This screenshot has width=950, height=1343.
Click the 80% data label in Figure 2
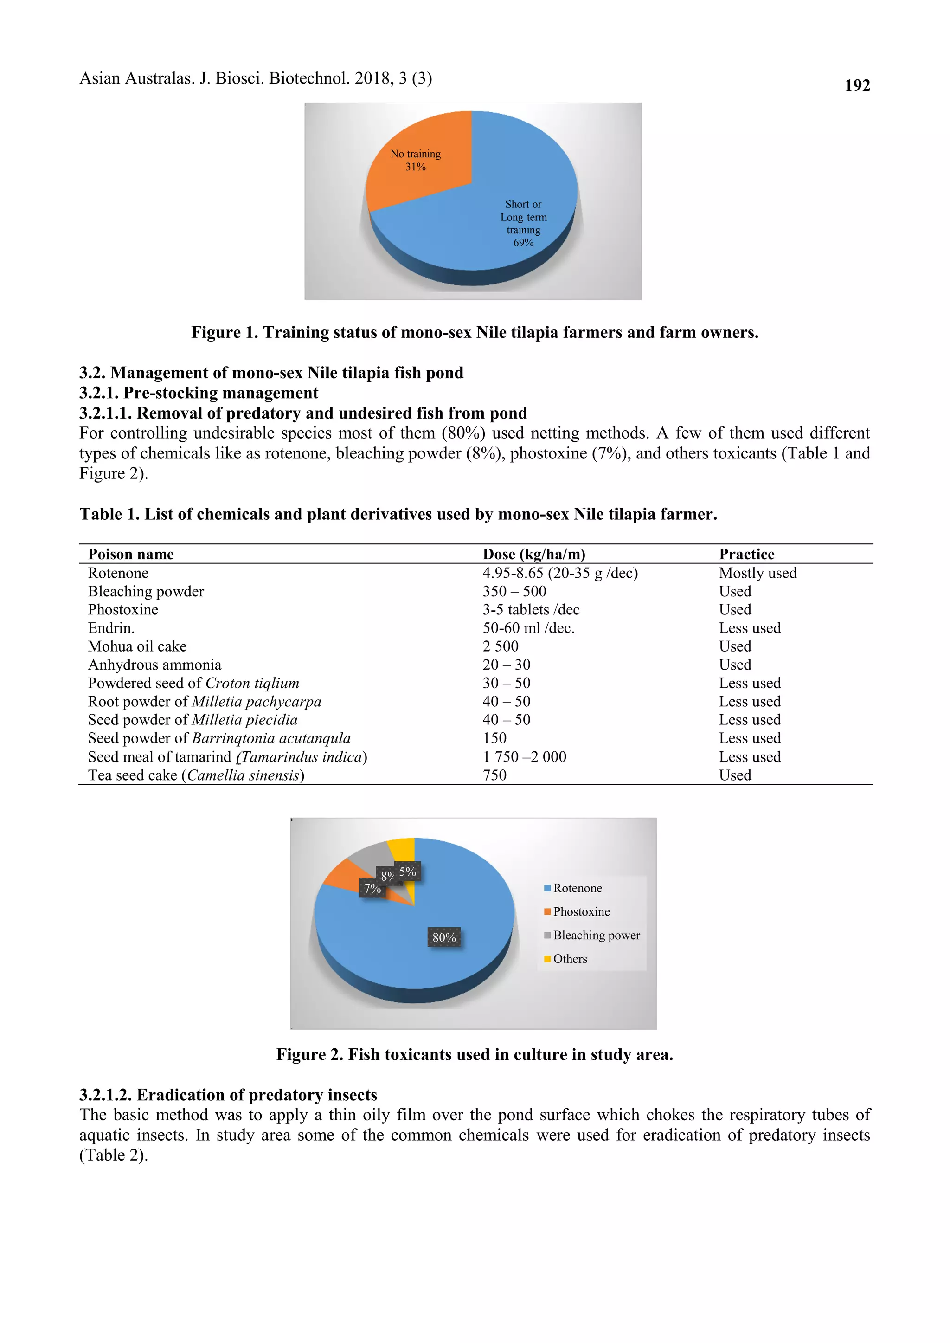(444, 937)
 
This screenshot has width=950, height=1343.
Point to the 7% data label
(372, 888)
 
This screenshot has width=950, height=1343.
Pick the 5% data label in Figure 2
(408, 872)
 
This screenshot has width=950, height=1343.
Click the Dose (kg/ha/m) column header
(533, 554)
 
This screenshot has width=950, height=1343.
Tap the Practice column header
(746, 554)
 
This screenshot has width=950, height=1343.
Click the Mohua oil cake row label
(137, 646)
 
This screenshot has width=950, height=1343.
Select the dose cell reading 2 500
(500, 646)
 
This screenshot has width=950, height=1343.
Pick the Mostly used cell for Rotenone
(757, 573)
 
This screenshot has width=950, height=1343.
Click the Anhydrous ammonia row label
(154, 665)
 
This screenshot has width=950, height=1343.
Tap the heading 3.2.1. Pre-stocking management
(199, 393)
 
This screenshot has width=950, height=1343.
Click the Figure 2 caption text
(475, 1054)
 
